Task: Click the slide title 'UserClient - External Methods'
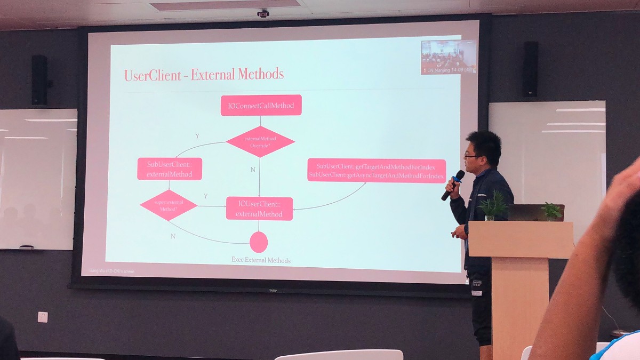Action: [204, 75]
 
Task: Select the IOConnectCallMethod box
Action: [261, 105]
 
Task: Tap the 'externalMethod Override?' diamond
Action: [260, 142]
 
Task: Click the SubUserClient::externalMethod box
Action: [170, 169]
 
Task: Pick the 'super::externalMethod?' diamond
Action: [169, 206]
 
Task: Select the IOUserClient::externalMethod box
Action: [259, 209]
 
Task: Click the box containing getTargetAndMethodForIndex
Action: [376, 170]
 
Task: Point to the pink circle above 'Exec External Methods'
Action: [259, 242]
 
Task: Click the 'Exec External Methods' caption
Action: [261, 260]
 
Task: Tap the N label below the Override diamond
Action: [253, 170]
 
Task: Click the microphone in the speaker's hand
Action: [453, 184]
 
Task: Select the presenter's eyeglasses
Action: [470, 156]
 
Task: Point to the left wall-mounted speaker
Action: [39, 80]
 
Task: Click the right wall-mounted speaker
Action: [530, 69]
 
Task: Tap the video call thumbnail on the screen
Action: [448, 57]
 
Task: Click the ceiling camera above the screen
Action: [263, 13]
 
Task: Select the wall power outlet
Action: [43, 317]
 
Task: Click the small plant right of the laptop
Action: [551, 212]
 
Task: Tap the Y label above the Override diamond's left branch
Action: [197, 136]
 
